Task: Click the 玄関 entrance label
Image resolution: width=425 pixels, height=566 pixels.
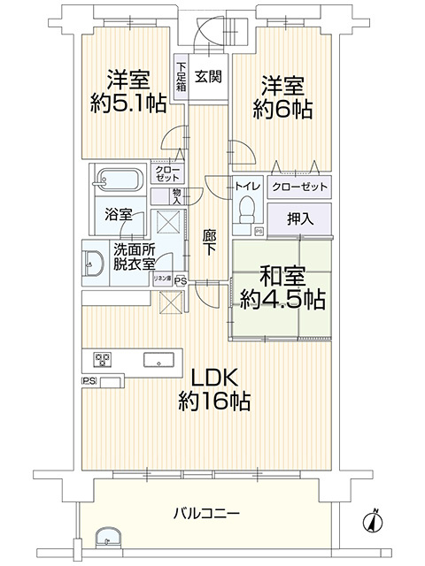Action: (x=208, y=76)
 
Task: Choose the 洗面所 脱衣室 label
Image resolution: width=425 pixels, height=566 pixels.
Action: (x=134, y=256)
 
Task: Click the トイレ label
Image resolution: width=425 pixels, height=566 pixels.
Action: (x=247, y=187)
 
